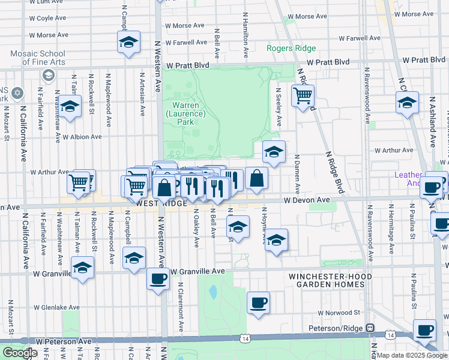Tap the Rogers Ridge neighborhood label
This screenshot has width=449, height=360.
(292, 49)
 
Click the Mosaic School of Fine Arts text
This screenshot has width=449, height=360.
(37, 58)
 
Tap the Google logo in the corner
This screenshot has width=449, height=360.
(19, 353)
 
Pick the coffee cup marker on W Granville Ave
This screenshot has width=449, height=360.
(158, 278)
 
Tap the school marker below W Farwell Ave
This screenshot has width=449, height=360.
(128, 42)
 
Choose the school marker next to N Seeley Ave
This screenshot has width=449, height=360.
(274, 151)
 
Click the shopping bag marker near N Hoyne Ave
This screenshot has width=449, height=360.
(257, 178)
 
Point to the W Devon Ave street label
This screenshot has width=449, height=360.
(307, 199)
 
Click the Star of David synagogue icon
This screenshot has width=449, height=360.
(17, 94)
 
